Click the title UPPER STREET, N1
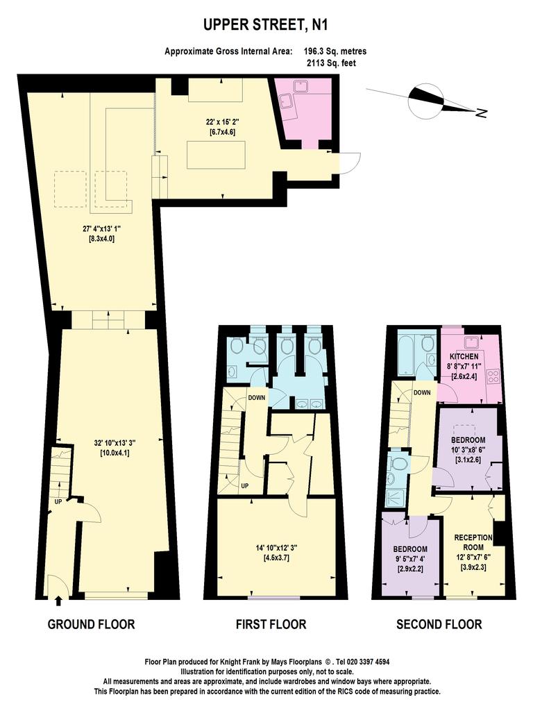point(266,25)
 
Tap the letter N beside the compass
point(482,113)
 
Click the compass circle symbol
point(425,100)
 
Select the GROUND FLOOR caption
point(91,624)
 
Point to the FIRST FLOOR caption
point(271,624)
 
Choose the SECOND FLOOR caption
point(439,624)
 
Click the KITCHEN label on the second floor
point(464,356)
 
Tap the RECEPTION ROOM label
point(473,542)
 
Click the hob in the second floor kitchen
point(493,376)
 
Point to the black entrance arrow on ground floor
point(58,601)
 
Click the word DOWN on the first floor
point(257,398)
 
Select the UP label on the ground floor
point(58,502)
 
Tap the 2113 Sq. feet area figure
point(331,63)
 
